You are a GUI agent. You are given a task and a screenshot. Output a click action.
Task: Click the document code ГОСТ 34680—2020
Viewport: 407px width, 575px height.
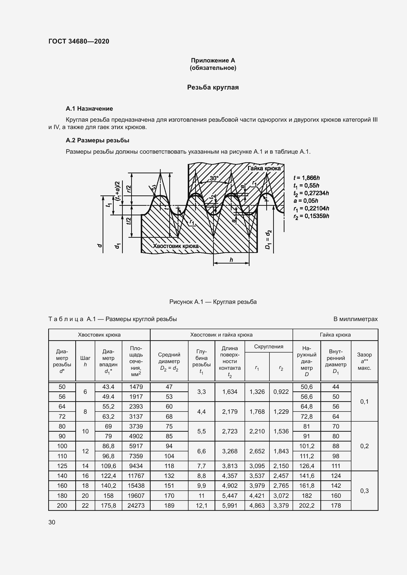click(x=79, y=41)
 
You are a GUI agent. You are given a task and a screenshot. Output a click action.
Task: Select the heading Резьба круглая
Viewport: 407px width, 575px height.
click(x=213, y=88)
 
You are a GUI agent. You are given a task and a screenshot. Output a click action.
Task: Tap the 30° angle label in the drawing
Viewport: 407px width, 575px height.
click(x=214, y=178)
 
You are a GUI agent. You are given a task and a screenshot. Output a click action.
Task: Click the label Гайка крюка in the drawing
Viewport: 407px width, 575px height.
click(x=264, y=169)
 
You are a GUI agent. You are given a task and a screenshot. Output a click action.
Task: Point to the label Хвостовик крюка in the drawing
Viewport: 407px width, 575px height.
click(x=176, y=246)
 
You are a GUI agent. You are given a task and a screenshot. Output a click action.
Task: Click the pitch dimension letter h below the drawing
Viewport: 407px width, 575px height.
click(x=231, y=260)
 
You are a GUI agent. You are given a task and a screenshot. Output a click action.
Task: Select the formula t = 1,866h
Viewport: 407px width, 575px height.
click(x=307, y=178)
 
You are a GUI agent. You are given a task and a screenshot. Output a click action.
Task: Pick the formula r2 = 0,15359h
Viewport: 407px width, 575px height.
click(x=311, y=216)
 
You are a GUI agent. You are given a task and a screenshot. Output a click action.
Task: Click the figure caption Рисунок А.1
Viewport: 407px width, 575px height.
click(x=213, y=302)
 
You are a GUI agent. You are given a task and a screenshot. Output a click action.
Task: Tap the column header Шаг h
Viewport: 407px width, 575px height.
click(x=85, y=361)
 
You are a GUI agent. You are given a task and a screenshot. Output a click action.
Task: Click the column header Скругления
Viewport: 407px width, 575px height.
click(x=268, y=347)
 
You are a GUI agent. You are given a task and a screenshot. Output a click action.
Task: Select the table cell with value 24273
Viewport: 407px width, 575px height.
click(x=136, y=505)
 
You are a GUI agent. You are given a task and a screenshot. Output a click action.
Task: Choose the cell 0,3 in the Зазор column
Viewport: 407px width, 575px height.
click(x=364, y=491)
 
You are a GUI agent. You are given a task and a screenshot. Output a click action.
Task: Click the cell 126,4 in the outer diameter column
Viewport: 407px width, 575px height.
click(x=307, y=466)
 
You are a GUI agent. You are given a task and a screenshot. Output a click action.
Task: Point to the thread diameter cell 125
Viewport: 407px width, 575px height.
click(x=62, y=466)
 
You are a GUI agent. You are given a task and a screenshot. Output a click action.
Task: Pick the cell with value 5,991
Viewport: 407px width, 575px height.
click(x=230, y=505)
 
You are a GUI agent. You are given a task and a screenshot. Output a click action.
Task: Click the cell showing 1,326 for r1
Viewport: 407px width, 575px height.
click(x=257, y=392)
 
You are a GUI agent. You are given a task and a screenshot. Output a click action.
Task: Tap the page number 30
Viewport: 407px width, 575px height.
click(x=52, y=522)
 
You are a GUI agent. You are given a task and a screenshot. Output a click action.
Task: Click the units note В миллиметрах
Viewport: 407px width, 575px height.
click(x=355, y=319)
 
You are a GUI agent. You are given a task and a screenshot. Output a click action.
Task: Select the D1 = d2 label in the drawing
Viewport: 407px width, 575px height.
click(x=268, y=239)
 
